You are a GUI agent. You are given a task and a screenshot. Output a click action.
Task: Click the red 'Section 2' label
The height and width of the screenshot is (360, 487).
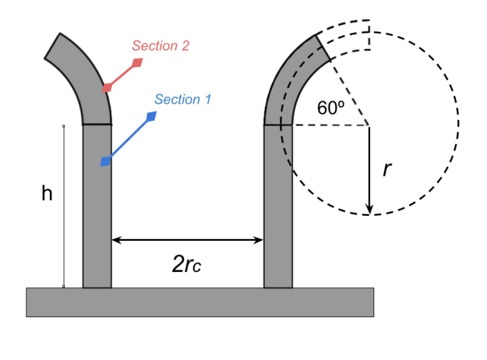[x=160, y=46]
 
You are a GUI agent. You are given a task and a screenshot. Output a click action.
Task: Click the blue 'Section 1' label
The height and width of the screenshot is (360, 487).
[x=183, y=100]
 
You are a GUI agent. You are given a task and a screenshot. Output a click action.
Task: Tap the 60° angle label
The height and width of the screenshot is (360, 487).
[x=331, y=108]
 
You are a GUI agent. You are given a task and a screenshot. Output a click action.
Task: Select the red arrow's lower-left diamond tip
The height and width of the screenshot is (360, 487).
[x=107, y=88]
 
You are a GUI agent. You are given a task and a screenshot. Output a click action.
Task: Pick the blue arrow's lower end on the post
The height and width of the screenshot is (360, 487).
[x=104, y=162]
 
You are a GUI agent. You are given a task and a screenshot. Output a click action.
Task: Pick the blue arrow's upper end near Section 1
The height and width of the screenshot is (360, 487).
[x=152, y=116]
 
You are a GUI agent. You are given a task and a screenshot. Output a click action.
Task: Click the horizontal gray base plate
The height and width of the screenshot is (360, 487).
[x=200, y=302]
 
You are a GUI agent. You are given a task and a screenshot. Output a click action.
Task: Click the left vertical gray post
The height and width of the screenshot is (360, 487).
[x=97, y=208]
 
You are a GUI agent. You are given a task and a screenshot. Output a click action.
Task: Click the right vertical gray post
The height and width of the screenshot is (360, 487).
[x=278, y=208]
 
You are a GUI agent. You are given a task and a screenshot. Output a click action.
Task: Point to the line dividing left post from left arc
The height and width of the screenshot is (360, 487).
[x=97, y=125]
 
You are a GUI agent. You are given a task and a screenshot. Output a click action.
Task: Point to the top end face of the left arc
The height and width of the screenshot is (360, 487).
[x=49, y=46]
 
